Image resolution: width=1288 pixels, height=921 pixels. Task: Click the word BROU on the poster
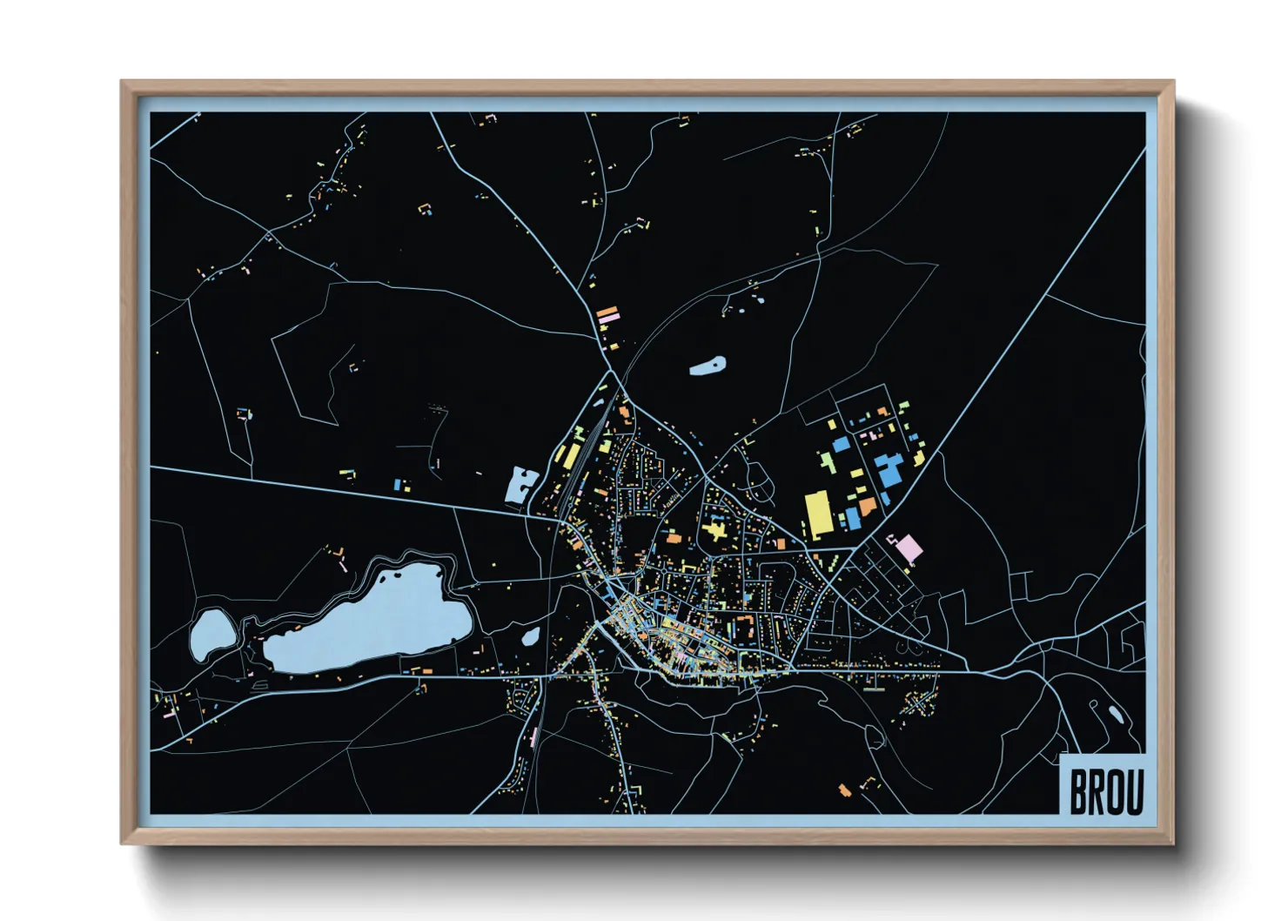click(x=1105, y=790)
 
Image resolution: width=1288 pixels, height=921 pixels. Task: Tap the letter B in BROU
click(x=1078, y=790)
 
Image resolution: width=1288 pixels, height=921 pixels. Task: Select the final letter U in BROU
click(x=1134, y=790)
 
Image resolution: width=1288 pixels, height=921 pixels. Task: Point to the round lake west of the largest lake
click(x=210, y=633)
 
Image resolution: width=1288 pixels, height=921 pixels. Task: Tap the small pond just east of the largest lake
click(x=530, y=636)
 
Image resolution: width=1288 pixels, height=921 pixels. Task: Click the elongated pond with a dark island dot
click(x=708, y=366)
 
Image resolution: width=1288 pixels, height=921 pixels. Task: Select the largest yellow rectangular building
click(x=818, y=514)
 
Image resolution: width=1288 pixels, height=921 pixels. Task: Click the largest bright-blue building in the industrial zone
click(x=889, y=471)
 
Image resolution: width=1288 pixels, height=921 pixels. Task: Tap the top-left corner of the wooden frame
click(x=123, y=83)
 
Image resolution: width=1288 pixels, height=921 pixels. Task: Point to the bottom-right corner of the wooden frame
click(x=1172, y=842)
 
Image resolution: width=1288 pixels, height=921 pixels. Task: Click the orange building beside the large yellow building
click(x=867, y=505)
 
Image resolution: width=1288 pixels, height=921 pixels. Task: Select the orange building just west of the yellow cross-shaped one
click(x=674, y=540)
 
